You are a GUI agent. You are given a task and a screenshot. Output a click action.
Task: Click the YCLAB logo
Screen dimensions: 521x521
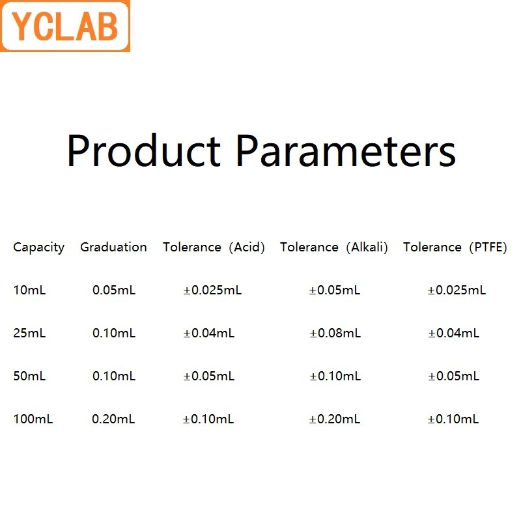click(65, 26)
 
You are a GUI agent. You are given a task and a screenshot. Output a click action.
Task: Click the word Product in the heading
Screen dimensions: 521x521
click(144, 151)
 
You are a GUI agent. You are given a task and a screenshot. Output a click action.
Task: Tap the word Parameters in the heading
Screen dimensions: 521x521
click(345, 151)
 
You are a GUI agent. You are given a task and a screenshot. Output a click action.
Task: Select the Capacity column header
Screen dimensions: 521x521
click(39, 247)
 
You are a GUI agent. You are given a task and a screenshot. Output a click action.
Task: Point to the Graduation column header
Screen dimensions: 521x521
click(113, 247)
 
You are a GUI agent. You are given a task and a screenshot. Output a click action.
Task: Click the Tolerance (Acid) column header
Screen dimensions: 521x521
click(214, 247)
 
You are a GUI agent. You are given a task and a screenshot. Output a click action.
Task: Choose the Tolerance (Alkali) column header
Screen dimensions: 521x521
click(334, 247)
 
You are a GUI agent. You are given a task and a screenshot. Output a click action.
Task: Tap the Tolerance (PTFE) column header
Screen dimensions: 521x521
click(455, 247)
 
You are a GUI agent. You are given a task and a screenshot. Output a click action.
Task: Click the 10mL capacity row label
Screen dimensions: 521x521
click(29, 290)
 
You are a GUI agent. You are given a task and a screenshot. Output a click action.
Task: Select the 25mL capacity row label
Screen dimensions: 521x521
click(29, 333)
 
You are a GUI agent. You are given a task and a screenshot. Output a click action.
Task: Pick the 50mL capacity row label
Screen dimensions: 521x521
click(29, 376)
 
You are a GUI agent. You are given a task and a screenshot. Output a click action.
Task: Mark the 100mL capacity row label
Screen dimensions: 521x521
click(33, 419)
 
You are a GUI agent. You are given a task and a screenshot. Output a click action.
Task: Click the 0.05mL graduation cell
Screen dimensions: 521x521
click(114, 290)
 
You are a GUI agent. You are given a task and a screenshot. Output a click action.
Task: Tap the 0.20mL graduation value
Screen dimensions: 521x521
click(114, 419)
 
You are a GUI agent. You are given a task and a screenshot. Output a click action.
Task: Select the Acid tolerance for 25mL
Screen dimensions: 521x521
click(208, 333)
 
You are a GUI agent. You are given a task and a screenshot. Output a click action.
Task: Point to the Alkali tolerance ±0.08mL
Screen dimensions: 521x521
click(335, 333)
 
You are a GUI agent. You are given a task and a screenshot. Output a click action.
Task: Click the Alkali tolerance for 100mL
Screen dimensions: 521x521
click(335, 419)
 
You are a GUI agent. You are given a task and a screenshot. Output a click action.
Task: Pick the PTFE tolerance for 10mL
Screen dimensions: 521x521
click(457, 290)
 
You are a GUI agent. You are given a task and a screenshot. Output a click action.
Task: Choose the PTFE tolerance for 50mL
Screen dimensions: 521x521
click(453, 376)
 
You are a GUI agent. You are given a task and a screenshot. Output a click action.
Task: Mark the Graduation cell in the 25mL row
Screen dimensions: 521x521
click(114, 333)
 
